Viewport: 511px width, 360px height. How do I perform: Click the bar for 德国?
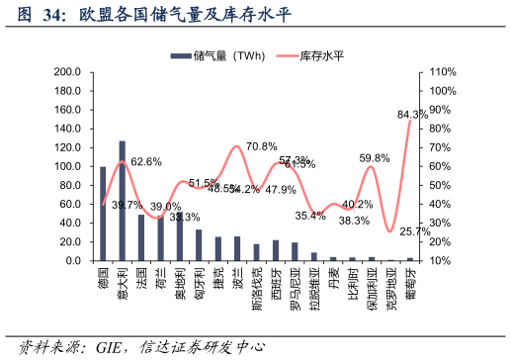pyautogui.click(x=103, y=214)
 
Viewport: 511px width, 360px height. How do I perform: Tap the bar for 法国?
pyautogui.click(x=141, y=237)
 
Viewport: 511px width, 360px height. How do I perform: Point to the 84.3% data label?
pyautogui.click(x=412, y=115)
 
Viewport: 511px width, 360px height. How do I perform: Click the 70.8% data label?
pyautogui.click(x=261, y=146)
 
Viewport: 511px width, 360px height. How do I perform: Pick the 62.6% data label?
pyautogui.click(x=146, y=161)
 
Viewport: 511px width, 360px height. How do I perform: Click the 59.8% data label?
pyautogui.click(x=374, y=158)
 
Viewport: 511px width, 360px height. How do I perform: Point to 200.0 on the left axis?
pyautogui.click(x=66, y=72)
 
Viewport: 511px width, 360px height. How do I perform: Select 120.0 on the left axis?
pyautogui.click(x=66, y=148)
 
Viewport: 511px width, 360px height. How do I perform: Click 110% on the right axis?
pyautogui.click(x=442, y=72)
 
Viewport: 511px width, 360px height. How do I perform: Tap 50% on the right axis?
pyautogui.click(x=439, y=186)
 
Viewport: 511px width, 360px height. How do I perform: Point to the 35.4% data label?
pyautogui.click(x=309, y=215)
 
